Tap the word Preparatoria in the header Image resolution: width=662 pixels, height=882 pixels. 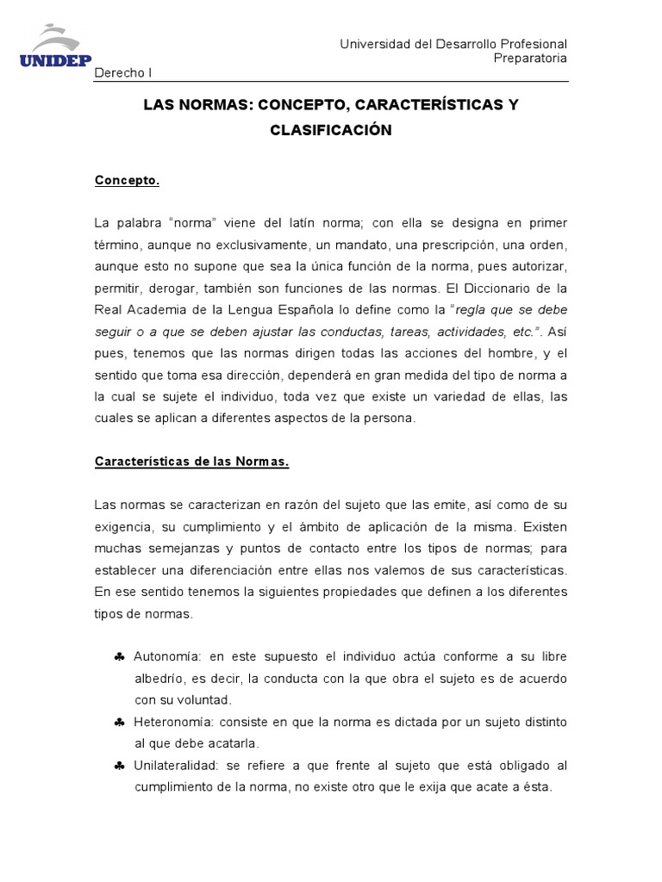[x=530, y=59]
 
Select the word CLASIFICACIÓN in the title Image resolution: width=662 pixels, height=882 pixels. [x=331, y=130]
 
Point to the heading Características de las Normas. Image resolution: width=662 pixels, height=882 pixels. [x=191, y=462]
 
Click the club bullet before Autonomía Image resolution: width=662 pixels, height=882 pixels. [x=119, y=657]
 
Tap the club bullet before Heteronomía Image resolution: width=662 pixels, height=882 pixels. [x=119, y=722]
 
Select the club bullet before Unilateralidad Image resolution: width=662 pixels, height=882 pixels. [x=119, y=766]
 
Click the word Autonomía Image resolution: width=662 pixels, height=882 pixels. [x=166, y=656]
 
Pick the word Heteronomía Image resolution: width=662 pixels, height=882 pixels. [x=175, y=722]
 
